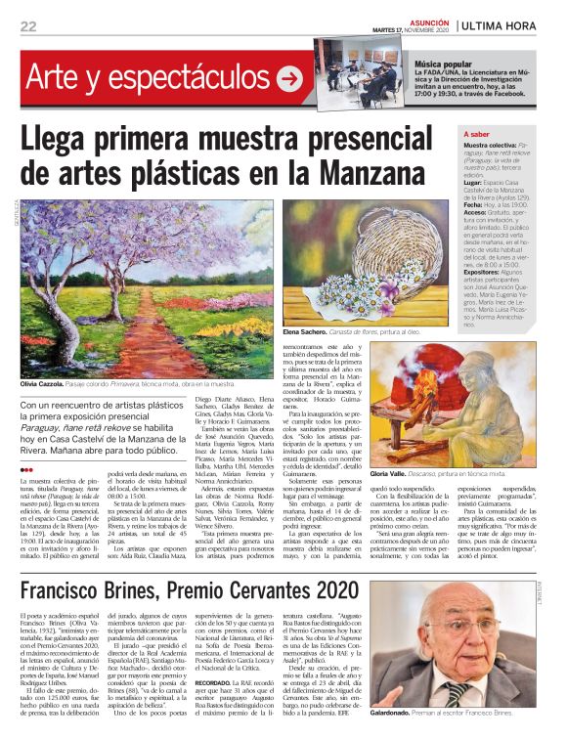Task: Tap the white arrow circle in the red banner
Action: (289, 79)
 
